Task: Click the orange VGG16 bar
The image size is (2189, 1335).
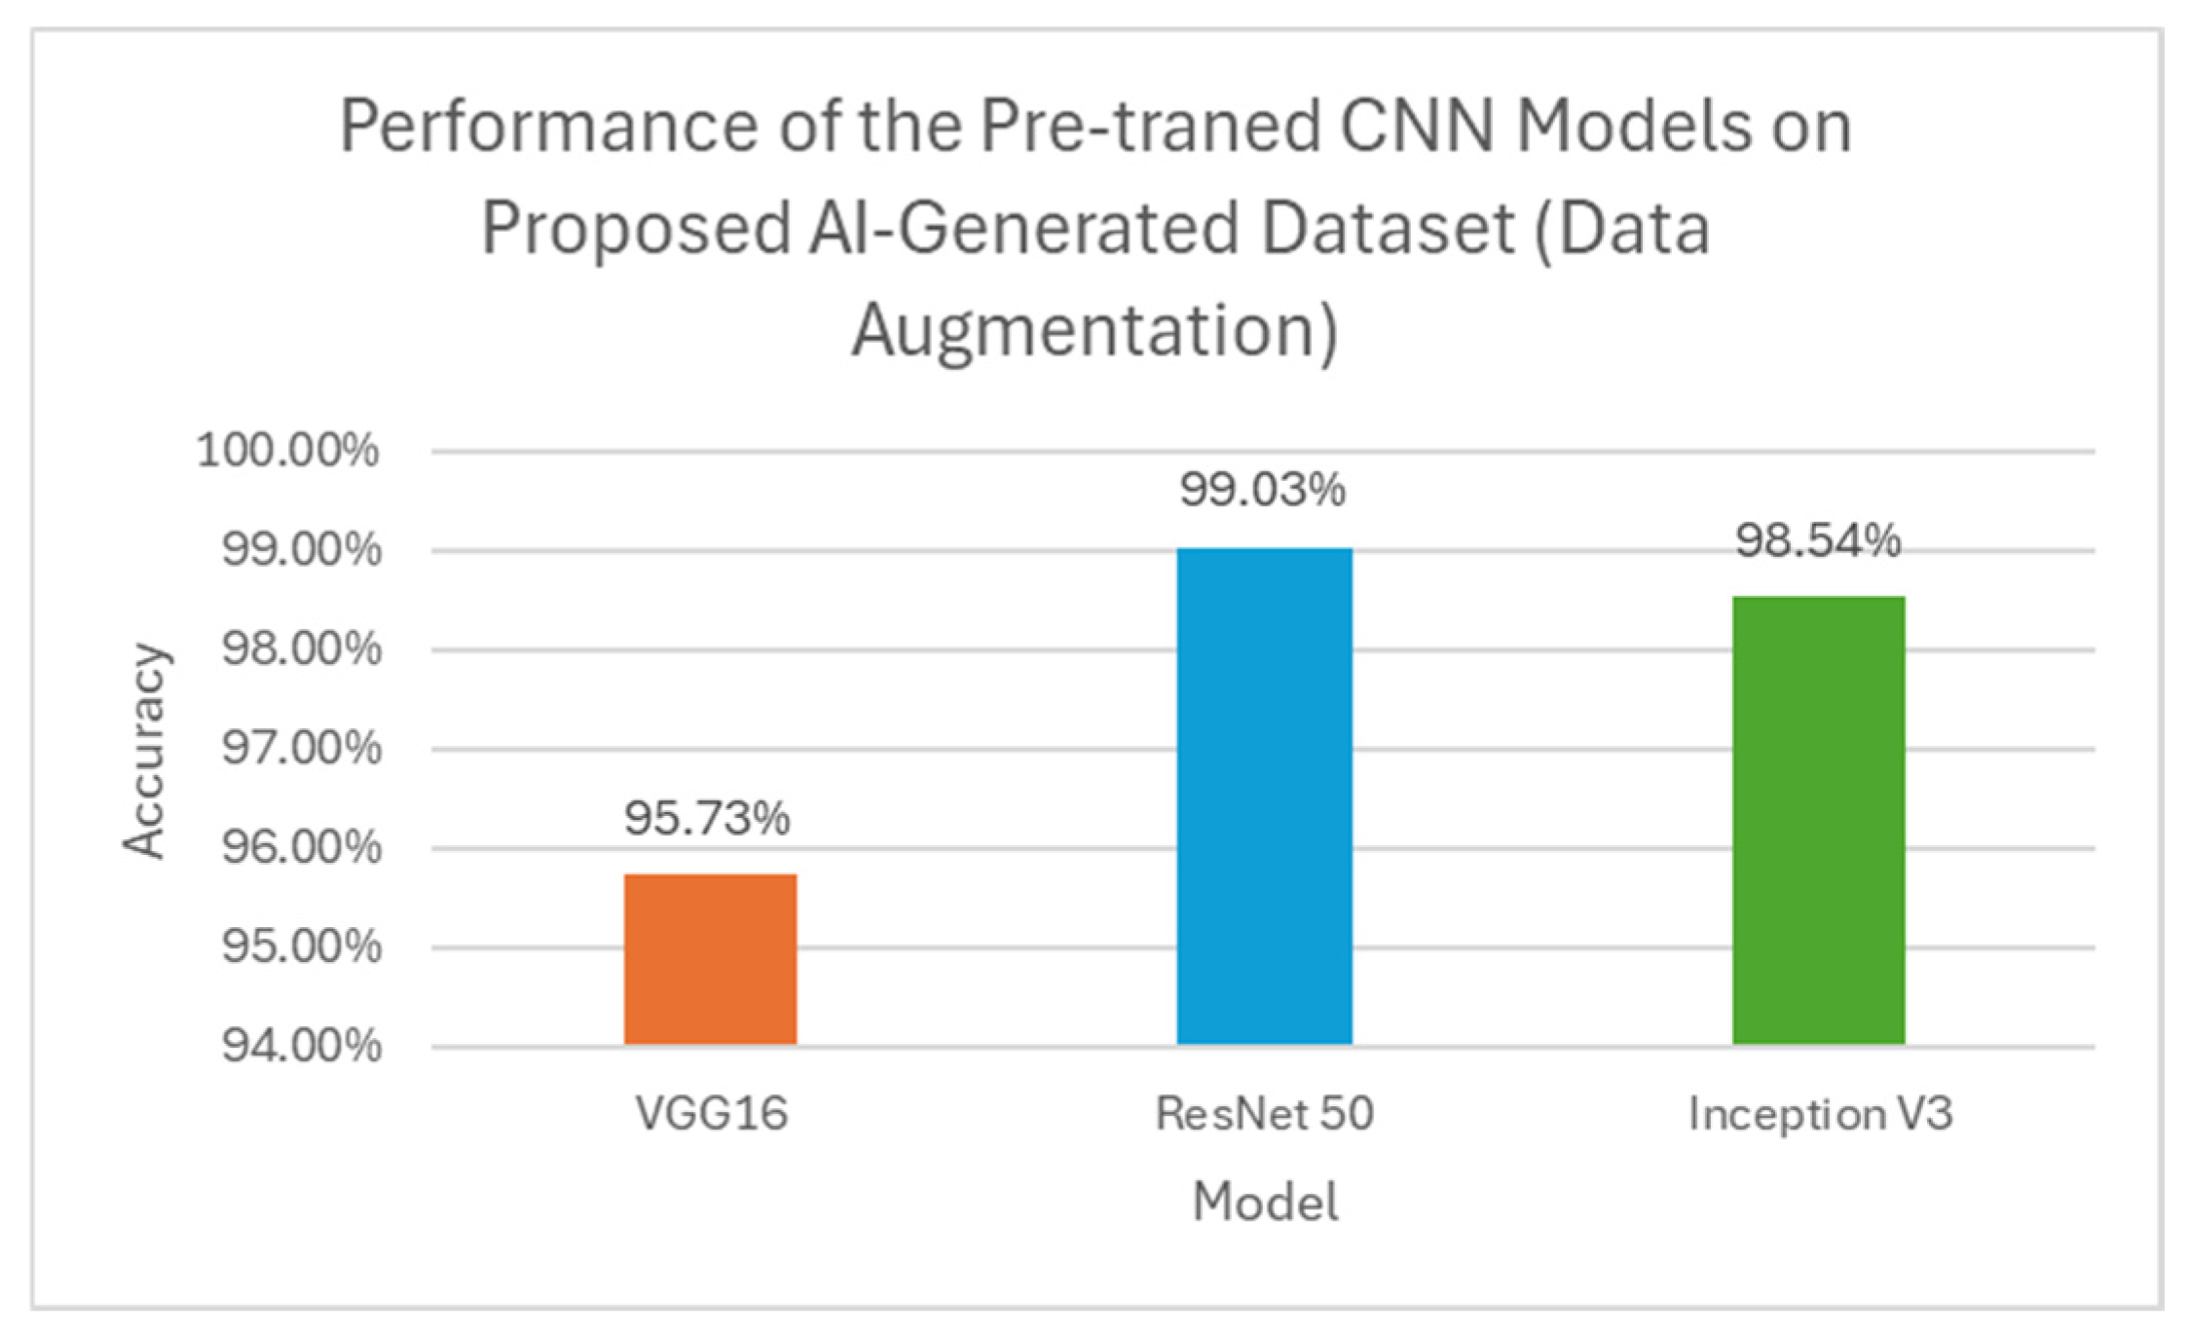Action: coord(710,959)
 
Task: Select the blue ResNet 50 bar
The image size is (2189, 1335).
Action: coord(1264,797)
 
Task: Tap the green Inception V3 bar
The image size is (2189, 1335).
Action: coord(1818,820)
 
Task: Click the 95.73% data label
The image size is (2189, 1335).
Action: coord(707,818)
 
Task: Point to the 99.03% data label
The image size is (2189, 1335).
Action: coord(1263,489)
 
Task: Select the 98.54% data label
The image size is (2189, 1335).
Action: coord(1818,540)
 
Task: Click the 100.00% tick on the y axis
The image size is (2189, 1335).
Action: coord(287,451)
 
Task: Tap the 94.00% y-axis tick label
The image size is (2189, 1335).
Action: coord(301,1046)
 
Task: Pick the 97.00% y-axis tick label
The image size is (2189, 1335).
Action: coord(301,749)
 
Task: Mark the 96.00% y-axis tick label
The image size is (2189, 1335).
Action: coord(301,848)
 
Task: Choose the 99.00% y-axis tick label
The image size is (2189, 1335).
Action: coord(301,550)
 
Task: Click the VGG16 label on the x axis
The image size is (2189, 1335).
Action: coord(711,1113)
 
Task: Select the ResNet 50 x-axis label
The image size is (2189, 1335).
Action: coord(1264,1113)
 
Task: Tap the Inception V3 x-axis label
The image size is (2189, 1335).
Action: coord(1820,1114)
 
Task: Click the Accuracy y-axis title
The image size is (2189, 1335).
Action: coord(145,750)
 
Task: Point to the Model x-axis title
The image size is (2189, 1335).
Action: coord(1265,1202)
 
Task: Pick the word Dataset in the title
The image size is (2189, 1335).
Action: coord(1388,229)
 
